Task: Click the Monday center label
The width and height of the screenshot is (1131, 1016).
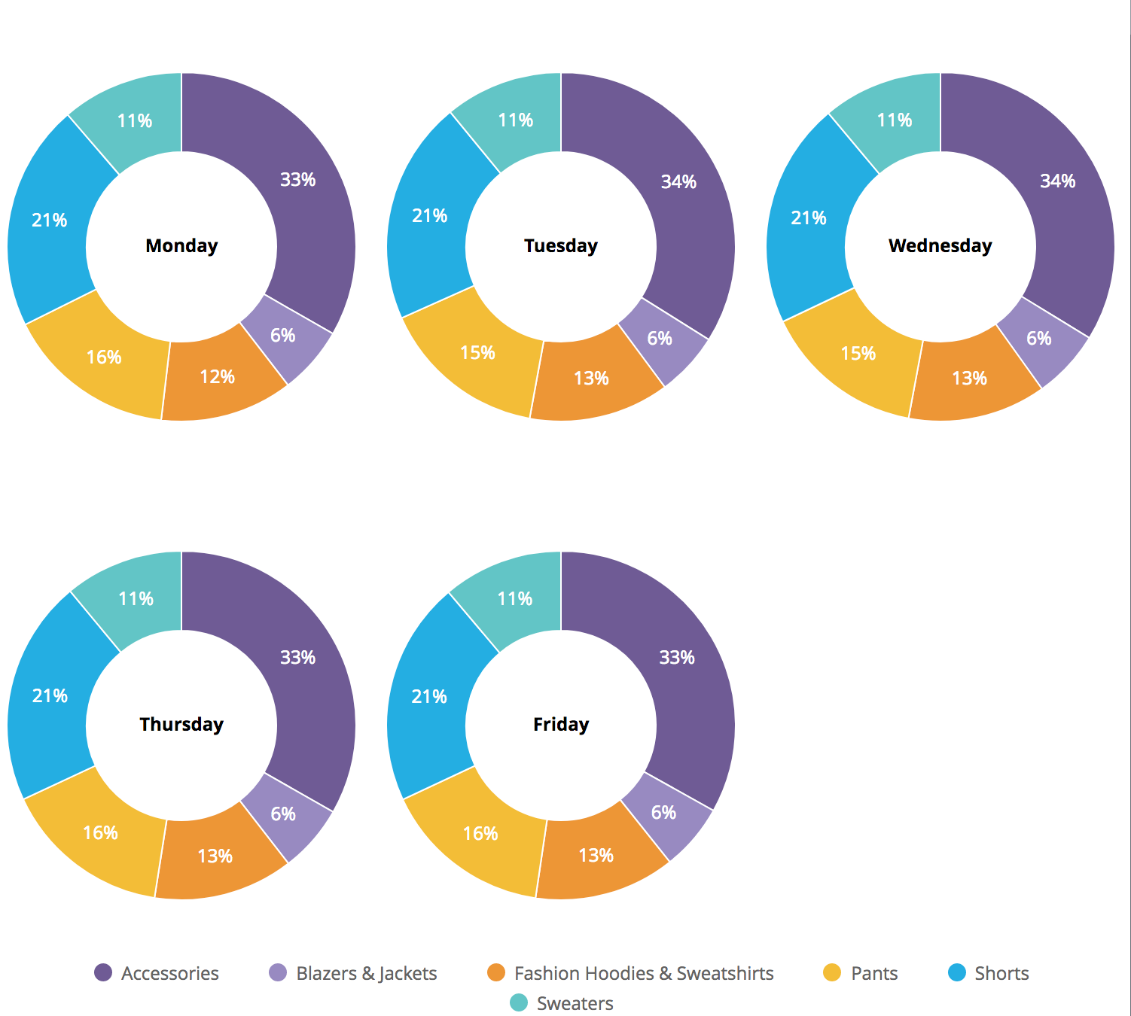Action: [181, 246]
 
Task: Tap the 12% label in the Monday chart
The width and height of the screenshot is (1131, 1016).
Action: [217, 376]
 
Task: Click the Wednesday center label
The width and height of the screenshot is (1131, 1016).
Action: [940, 246]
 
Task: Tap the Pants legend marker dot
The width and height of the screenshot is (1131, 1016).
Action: [832, 973]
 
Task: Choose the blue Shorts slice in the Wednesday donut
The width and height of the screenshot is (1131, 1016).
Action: [809, 218]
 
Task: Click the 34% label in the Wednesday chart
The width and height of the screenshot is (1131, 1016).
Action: [1057, 181]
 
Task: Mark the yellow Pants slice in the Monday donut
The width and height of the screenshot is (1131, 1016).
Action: [103, 357]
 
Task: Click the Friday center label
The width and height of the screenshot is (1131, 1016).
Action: [561, 725]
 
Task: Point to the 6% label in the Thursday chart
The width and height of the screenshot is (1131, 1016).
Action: [283, 814]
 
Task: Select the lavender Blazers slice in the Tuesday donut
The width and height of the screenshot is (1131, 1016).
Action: [660, 339]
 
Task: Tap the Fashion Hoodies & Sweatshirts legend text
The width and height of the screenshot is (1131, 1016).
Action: [644, 973]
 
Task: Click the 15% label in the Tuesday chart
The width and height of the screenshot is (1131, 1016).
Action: [477, 353]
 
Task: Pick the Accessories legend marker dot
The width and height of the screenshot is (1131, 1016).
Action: [103, 973]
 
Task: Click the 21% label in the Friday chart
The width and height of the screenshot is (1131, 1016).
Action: [429, 697]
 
